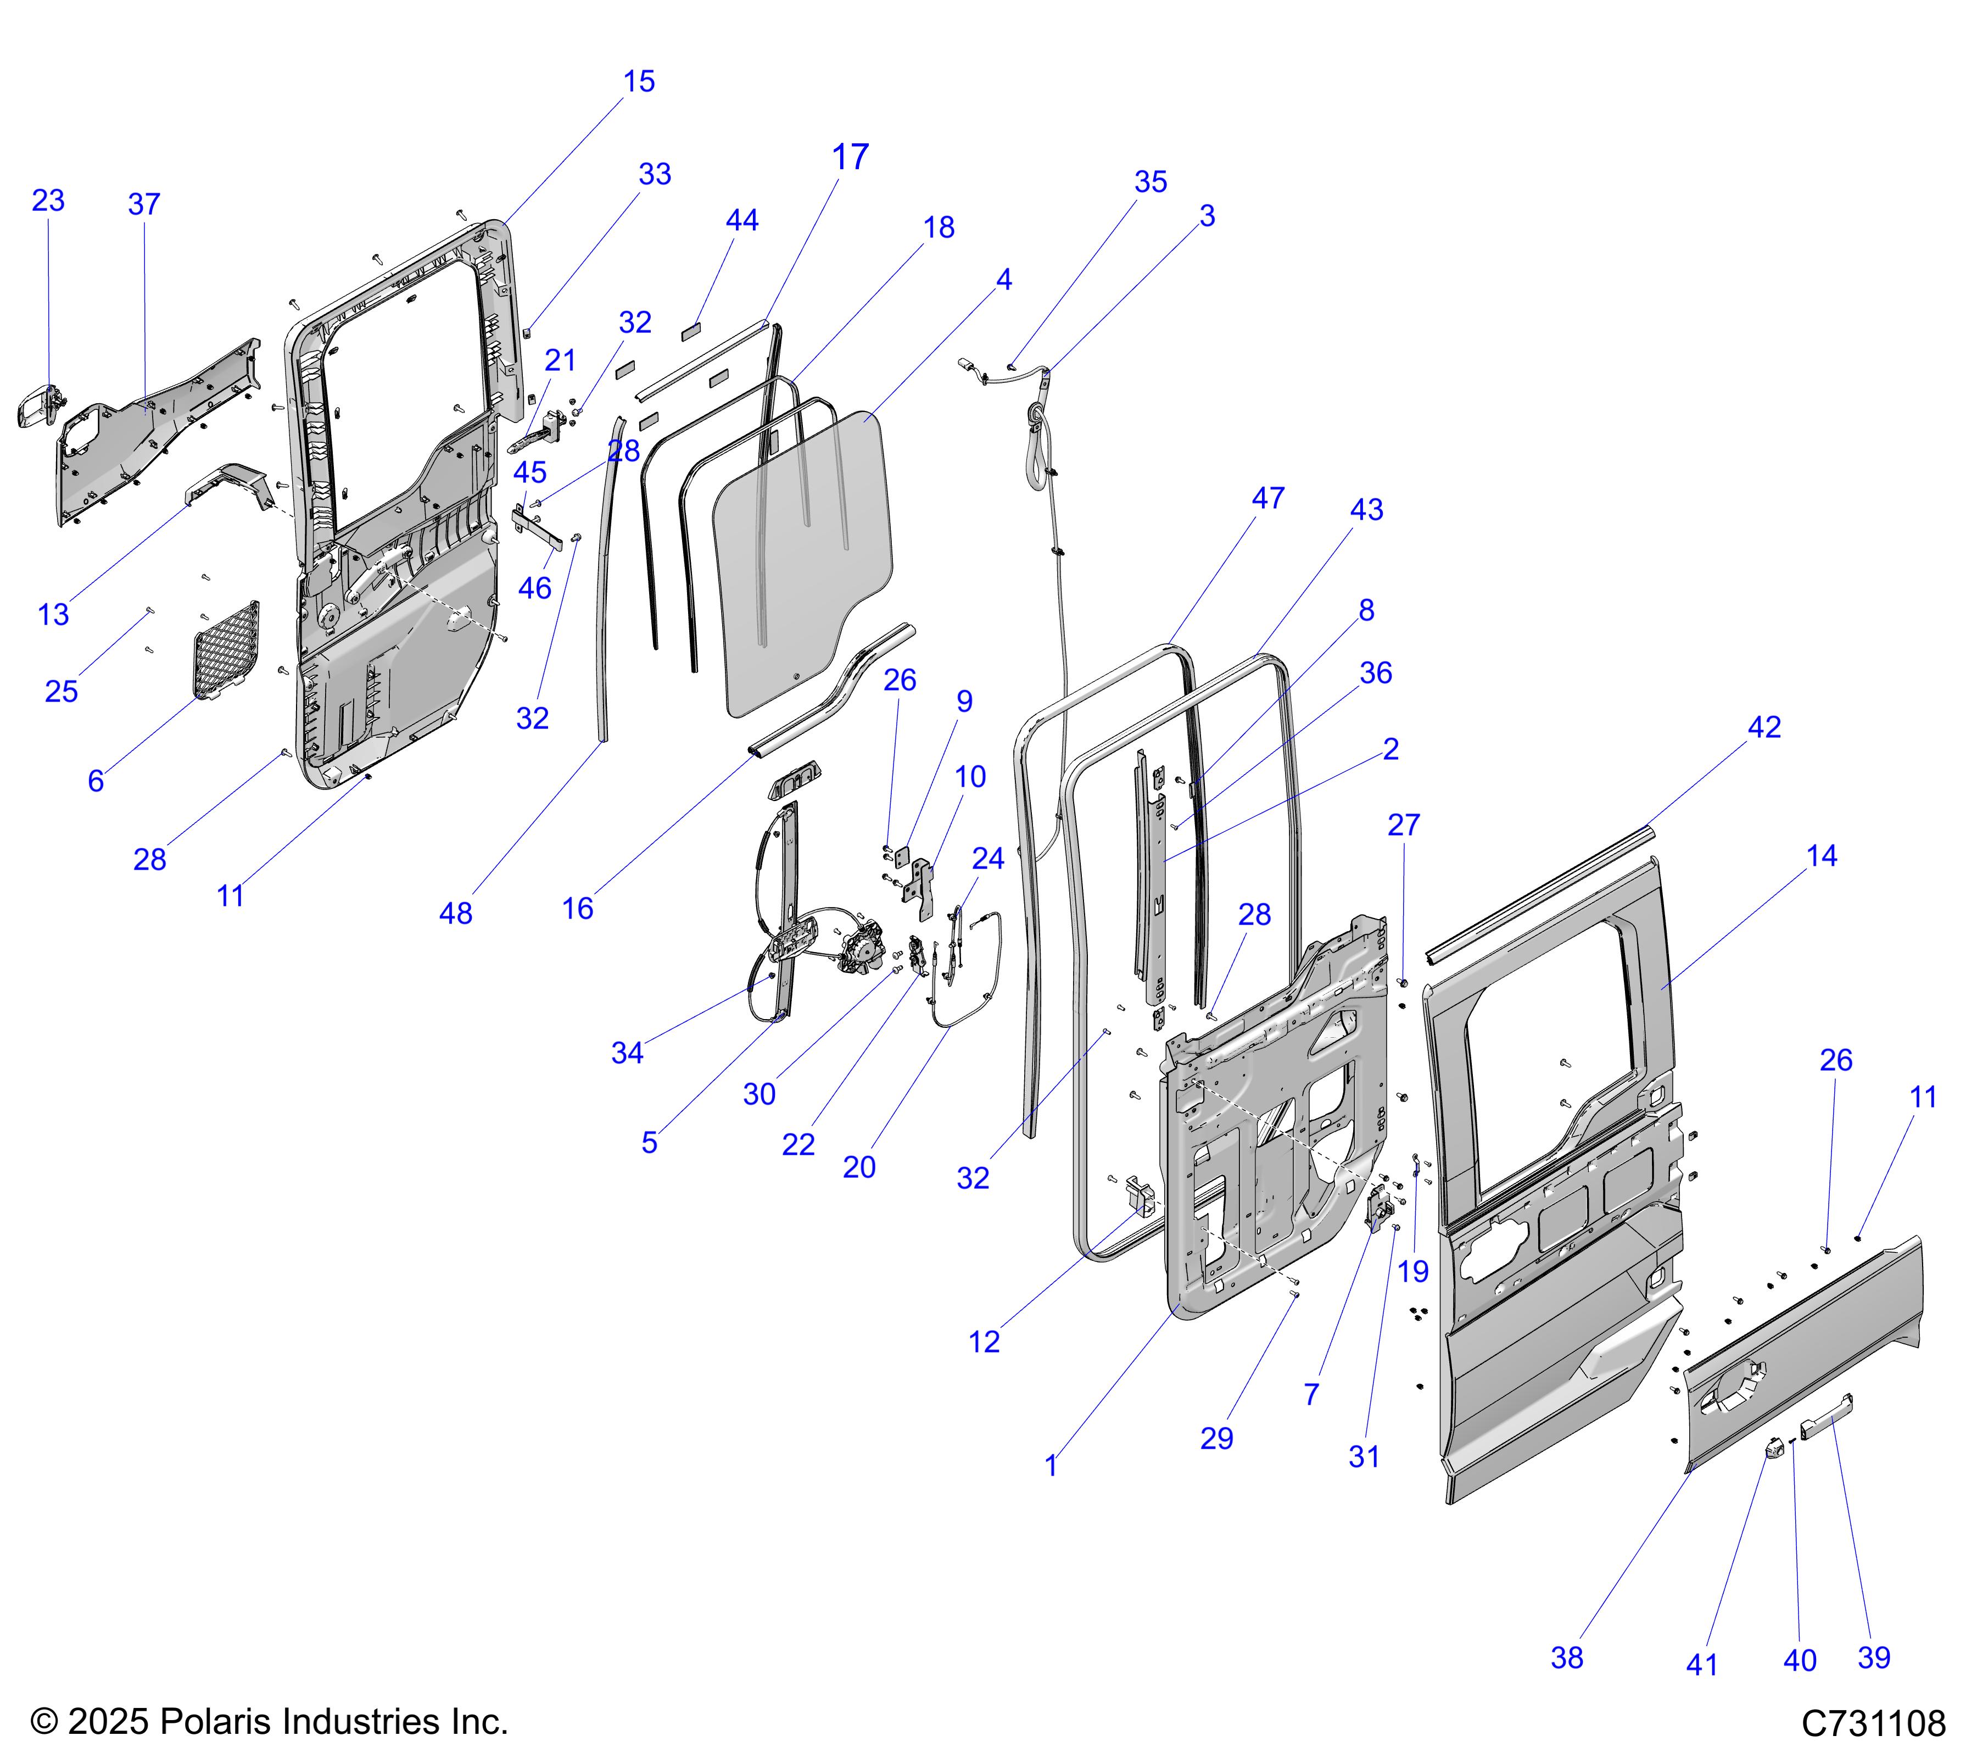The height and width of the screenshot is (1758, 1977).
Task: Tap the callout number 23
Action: pyautogui.click(x=48, y=201)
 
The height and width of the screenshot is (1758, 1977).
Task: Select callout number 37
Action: pyautogui.click(x=144, y=204)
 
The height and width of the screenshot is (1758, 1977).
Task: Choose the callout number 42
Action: pyautogui.click(x=1764, y=727)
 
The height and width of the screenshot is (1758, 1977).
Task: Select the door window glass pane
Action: pyautogui.click(x=803, y=561)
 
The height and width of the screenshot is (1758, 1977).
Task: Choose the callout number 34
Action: pyautogui.click(x=627, y=1053)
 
